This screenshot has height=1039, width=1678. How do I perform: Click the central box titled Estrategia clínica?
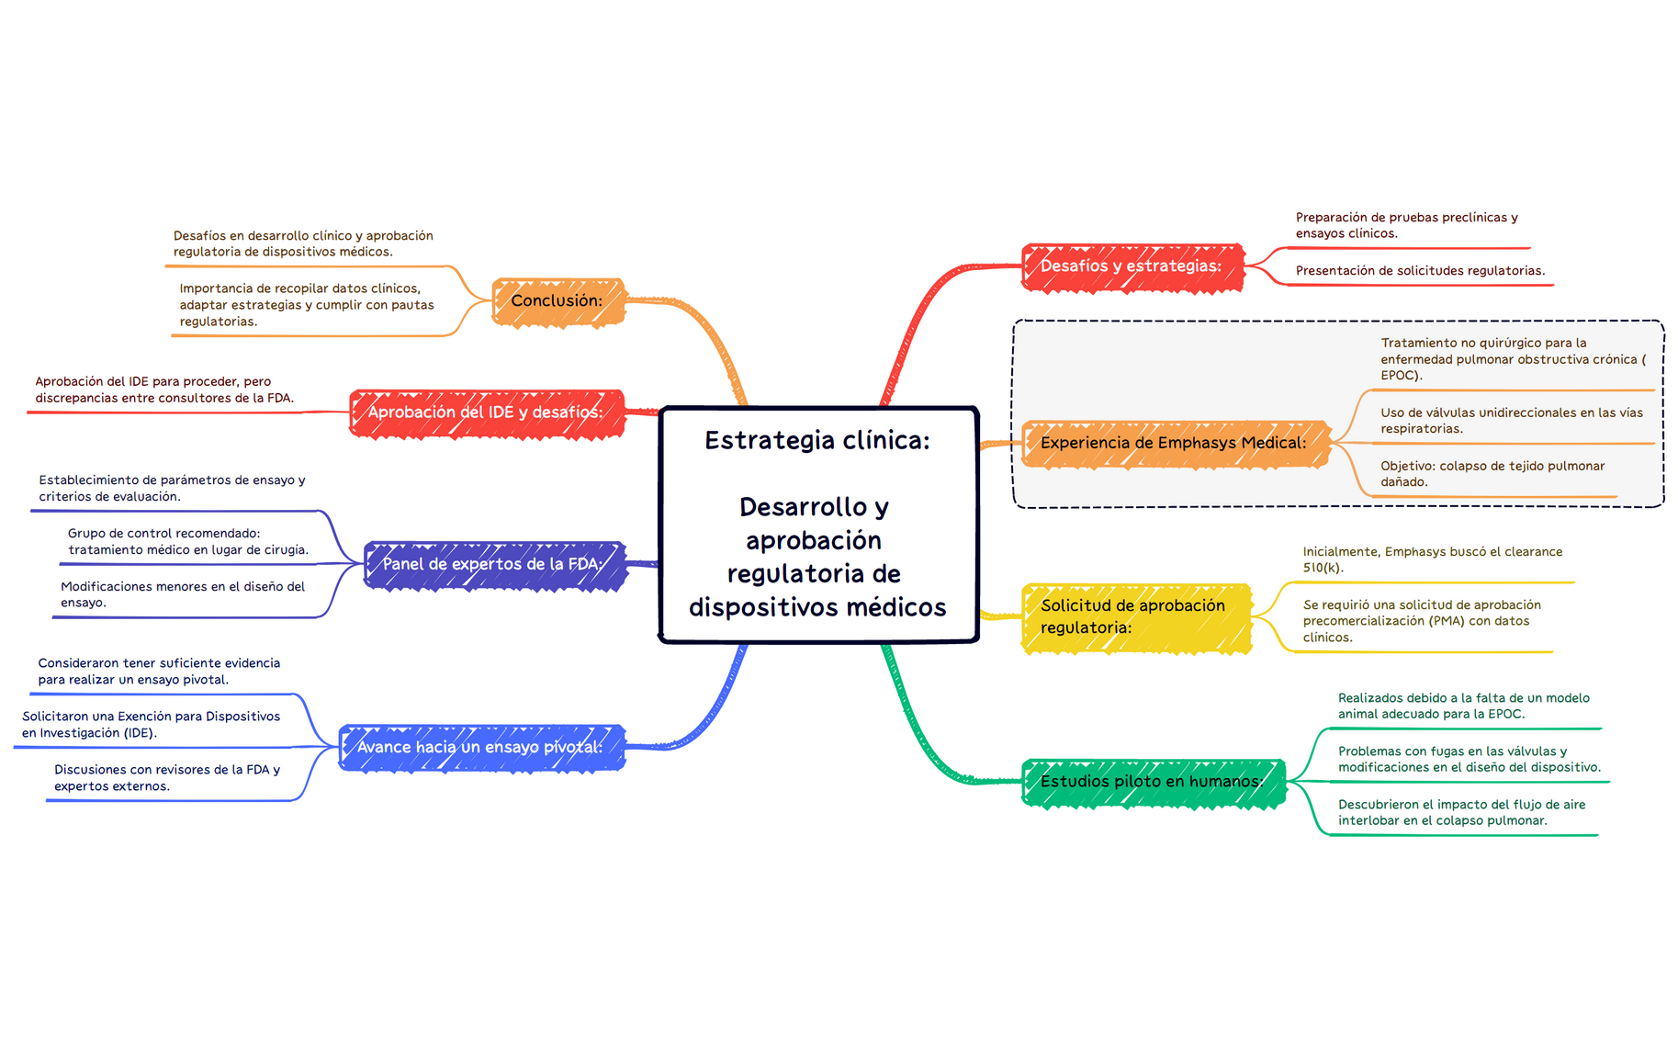click(x=818, y=525)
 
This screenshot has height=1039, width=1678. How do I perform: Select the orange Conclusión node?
click(x=558, y=301)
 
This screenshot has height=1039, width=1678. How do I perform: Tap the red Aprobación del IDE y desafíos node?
click(x=487, y=412)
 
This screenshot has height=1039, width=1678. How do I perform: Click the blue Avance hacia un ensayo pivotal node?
click(x=482, y=748)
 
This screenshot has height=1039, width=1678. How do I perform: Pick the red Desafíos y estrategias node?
click(x=1133, y=267)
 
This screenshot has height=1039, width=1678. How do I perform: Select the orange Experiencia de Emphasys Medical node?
click(x=1176, y=444)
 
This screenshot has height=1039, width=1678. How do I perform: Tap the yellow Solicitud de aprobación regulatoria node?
click(x=1137, y=618)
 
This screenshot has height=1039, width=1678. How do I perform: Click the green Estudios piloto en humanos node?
click(x=1154, y=783)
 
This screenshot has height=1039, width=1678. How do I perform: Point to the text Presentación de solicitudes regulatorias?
click(x=1420, y=271)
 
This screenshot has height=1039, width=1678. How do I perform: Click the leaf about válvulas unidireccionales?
click(x=1511, y=421)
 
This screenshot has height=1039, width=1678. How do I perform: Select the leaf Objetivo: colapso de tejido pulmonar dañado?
click(x=1492, y=474)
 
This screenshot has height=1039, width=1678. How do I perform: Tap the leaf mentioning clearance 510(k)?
click(x=1432, y=559)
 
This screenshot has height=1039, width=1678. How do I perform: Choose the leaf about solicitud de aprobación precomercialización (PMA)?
click(x=1422, y=621)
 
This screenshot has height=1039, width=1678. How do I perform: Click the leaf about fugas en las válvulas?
click(x=1469, y=759)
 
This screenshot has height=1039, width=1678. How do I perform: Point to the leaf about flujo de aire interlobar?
click(x=1461, y=812)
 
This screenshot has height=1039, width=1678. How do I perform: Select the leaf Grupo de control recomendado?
click(x=188, y=541)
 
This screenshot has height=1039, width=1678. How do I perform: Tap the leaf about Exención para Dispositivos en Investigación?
click(x=151, y=724)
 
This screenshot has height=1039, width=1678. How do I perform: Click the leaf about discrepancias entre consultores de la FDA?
click(x=164, y=390)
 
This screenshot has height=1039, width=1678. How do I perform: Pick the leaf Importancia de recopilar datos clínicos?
click(x=307, y=305)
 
